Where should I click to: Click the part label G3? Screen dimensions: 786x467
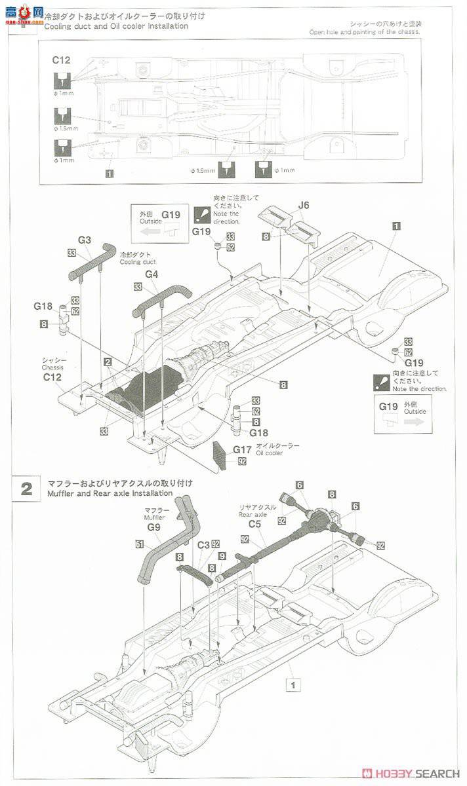[x=85, y=240]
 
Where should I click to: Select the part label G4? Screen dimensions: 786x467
[x=152, y=274]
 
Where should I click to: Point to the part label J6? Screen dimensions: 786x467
[x=303, y=206]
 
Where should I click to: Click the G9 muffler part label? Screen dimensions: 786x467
[x=153, y=526]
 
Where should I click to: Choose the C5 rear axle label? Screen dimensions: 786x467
[x=256, y=523]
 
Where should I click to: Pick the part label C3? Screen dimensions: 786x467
[x=203, y=544]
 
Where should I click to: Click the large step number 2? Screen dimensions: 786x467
[x=26, y=489]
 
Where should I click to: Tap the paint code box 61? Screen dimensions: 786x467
[x=139, y=544]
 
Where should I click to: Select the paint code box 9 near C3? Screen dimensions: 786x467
[x=222, y=556]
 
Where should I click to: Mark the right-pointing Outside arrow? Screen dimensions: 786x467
[x=414, y=422]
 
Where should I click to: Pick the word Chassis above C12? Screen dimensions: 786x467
[x=52, y=367]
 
